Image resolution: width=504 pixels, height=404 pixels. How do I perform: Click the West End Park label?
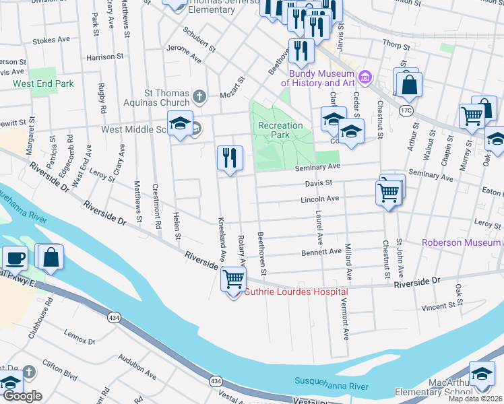click(x=43, y=84)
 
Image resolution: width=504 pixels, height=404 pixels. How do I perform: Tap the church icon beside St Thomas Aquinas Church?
click(x=199, y=96)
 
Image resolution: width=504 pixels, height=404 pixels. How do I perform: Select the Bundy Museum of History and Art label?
click(x=319, y=78)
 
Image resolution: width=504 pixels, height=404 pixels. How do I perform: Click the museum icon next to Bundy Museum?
click(x=365, y=77)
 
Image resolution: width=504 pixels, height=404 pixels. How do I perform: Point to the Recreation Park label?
click(x=280, y=131)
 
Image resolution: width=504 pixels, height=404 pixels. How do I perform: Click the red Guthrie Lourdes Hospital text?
click(x=296, y=292)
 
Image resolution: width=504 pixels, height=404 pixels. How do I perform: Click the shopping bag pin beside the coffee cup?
click(x=51, y=257)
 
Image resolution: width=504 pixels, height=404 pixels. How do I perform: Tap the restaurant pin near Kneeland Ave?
click(x=230, y=158)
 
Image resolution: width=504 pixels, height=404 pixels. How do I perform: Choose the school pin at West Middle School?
click(x=181, y=124)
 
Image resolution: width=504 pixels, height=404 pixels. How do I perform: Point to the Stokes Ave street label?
click(x=51, y=40)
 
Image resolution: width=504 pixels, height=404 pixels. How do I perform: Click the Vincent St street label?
click(x=439, y=306)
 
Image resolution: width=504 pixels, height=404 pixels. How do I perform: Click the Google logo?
click(x=22, y=396)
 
